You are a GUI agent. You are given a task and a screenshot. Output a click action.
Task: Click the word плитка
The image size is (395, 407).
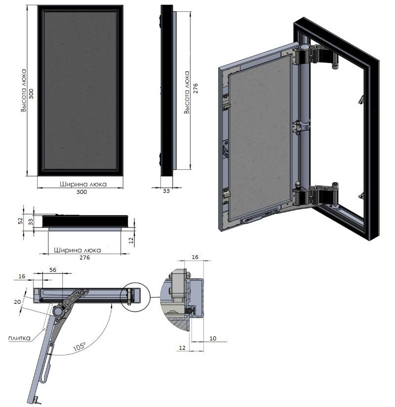coord(19,338)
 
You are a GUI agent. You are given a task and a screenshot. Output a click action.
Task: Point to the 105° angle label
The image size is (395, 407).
coord(79,347)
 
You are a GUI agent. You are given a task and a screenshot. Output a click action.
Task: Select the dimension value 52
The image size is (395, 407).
coord(21,221)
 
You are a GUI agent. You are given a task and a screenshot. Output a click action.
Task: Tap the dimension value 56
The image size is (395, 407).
coord(53,270)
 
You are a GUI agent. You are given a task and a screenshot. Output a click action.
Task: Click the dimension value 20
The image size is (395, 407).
coord(17,302)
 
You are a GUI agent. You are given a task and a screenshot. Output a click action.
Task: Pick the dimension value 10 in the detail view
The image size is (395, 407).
coord(213,338)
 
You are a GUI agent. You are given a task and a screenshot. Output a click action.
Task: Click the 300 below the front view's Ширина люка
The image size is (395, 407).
coord(81,192)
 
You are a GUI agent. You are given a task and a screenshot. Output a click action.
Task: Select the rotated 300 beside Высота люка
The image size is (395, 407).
coord(31,94)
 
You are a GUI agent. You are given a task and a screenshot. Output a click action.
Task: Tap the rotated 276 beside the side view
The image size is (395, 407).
coord(196,88)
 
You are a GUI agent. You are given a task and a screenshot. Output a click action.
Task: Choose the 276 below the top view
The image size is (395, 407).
coord(85,257)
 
